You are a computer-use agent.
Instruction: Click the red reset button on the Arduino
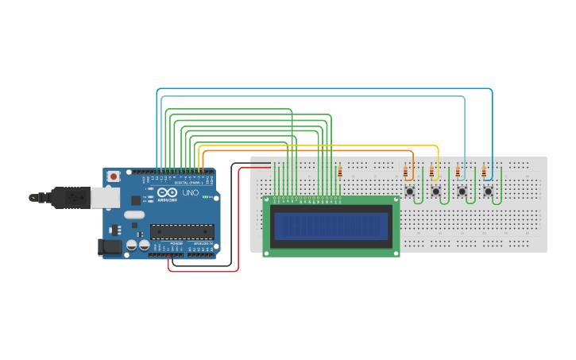click(x=114, y=176)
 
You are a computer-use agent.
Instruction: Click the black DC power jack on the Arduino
click(x=110, y=248)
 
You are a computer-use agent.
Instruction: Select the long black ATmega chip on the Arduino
click(x=182, y=231)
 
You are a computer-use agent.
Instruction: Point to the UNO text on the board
click(x=191, y=193)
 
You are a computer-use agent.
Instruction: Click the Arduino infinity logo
click(x=167, y=193)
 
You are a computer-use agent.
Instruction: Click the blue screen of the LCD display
click(x=331, y=226)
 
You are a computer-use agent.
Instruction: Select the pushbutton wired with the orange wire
click(x=410, y=192)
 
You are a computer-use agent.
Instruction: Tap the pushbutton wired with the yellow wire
click(x=436, y=192)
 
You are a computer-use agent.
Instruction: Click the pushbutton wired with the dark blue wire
click(x=488, y=192)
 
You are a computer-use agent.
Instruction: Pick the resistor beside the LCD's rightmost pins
click(x=340, y=172)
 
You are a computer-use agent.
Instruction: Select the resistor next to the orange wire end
click(x=406, y=172)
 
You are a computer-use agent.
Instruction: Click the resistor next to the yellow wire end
click(x=432, y=172)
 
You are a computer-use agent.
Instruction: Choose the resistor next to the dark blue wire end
click(x=484, y=172)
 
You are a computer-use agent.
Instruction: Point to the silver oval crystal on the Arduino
click(x=134, y=215)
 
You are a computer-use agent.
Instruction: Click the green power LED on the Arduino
click(x=205, y=196)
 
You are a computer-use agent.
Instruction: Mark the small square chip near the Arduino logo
click(x=136, y=200)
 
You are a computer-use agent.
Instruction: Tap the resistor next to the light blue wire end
click(x=458, y=172)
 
